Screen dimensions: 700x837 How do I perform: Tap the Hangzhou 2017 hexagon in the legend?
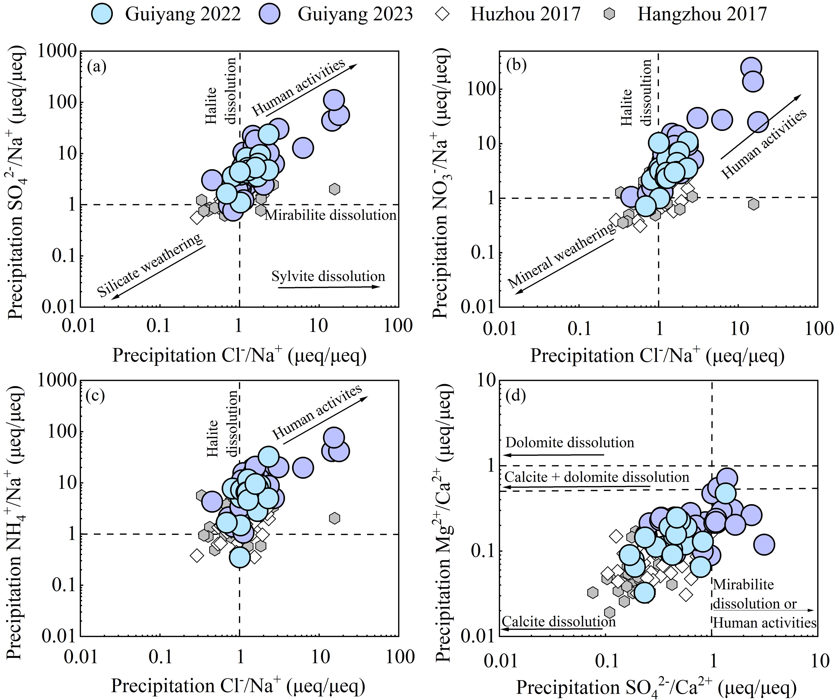[609, 14]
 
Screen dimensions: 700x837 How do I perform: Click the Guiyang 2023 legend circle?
[270, 14]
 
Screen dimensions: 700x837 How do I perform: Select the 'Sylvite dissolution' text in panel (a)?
[328, 276]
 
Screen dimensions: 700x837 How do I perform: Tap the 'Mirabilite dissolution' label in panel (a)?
[330, 215]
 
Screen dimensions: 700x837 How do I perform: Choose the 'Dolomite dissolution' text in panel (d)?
[570, 443]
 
